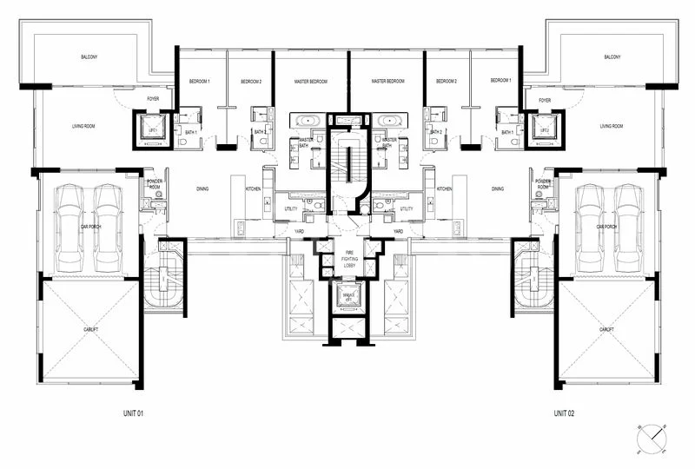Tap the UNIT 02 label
click(565, 413)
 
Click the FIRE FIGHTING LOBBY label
click(347, 255)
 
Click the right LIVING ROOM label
click(612, 127)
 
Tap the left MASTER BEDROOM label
click(310, 81)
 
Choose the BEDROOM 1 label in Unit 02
click(500, 81)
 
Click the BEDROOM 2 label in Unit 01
click(250, 81)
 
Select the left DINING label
click(201, 188)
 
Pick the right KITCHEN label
click(444, 188)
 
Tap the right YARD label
click(398, 232)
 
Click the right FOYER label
click(545, 100)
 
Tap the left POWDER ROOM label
click(155, 184)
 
